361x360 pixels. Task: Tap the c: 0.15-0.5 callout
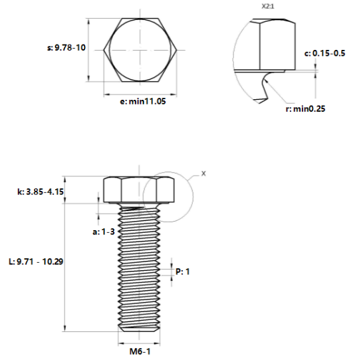tap(324, 53)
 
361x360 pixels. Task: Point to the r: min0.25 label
tap(305, 108)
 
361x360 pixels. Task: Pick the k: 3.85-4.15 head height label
tap(39, 192)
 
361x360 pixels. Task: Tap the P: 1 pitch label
tap(183, 271)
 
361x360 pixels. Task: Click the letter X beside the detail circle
tap(203, 173)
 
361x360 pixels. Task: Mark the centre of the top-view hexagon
tap(140, 49)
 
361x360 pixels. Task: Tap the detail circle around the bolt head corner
tap(189, 200)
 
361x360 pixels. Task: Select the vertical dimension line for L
tap(64, 266)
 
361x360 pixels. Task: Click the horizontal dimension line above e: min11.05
tap(140, 93)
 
